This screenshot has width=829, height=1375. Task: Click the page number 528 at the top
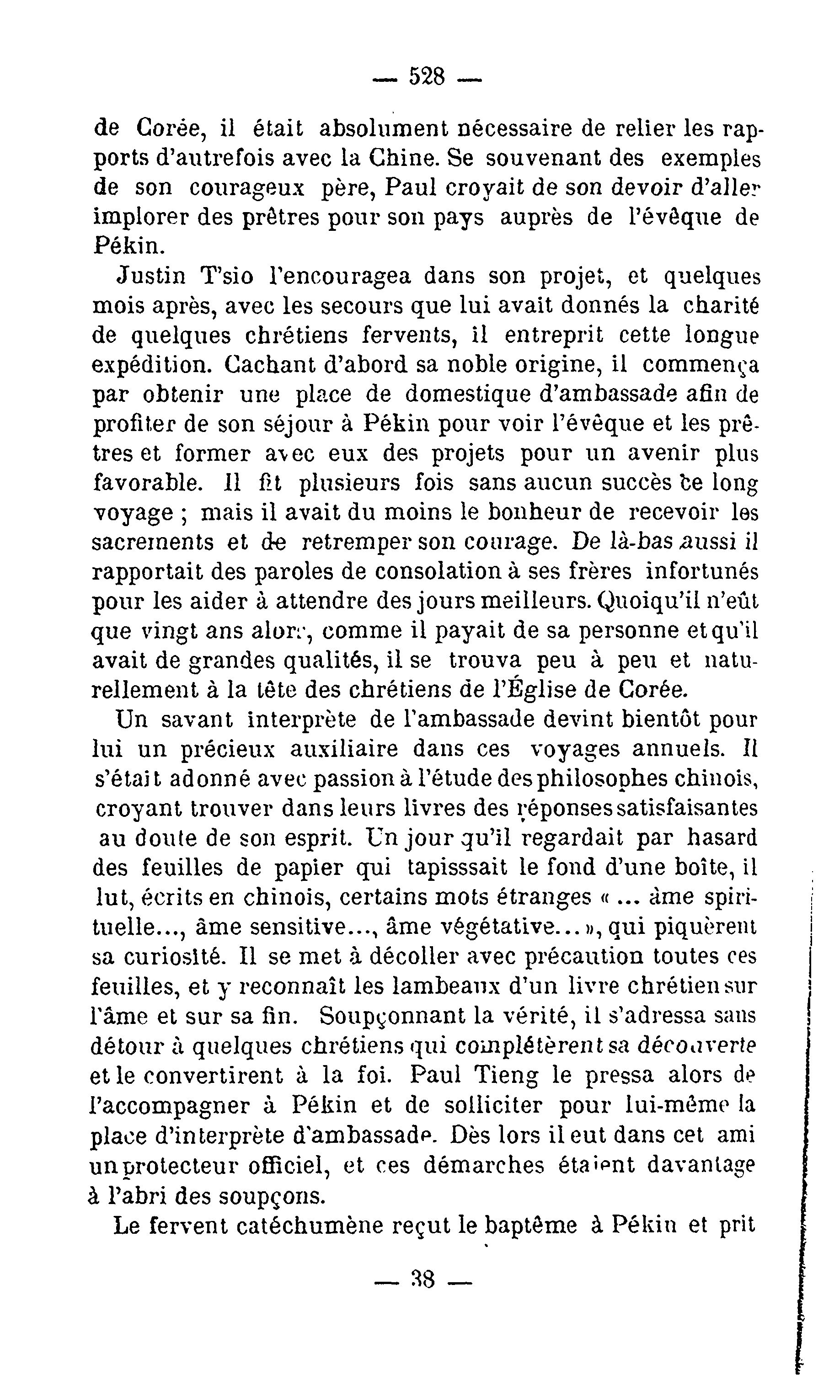click(427, 76)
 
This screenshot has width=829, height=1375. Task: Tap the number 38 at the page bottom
click(423, 1294)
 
